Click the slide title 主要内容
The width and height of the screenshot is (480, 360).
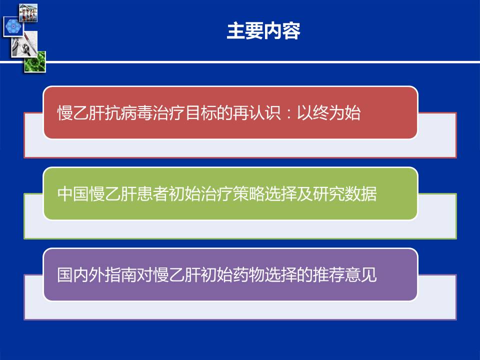(263, 31)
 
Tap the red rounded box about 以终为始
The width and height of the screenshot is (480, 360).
(230, 112)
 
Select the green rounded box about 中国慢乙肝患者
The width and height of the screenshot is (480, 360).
(230, 193)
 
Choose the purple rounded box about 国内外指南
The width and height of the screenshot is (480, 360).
(230, 274)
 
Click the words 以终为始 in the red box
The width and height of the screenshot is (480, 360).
(328, 112)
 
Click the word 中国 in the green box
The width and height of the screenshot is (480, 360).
(73, 194)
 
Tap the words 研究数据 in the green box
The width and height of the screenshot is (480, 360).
(344, 194)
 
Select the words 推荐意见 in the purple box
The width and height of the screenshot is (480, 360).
(344, 275)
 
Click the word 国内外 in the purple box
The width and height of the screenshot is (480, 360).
(81, 275)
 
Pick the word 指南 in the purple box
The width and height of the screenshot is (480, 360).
(120, 275)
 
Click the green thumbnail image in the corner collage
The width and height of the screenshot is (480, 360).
(35, 62)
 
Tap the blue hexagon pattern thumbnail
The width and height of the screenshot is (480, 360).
(13, 26)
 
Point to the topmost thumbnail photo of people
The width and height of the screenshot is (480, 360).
(28, 13)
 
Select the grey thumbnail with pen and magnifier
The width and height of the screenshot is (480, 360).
(24, 43)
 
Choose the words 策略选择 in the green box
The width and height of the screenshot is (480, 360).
(264, 194)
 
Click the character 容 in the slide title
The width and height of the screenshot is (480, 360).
(291, 31)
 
